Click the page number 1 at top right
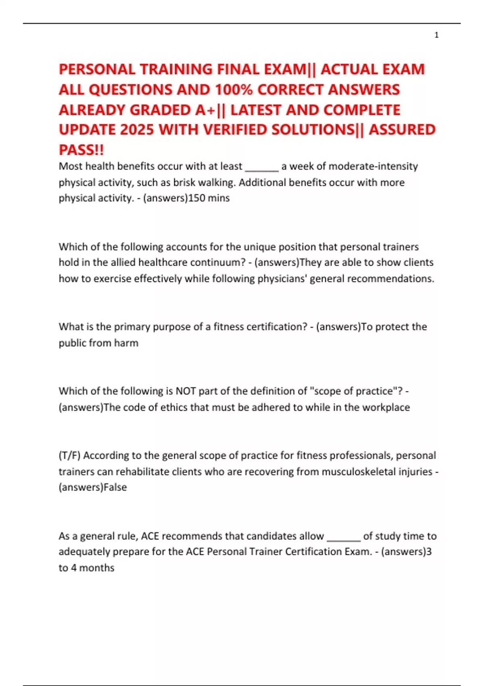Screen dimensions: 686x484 coord(436,36)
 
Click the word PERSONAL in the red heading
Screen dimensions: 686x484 coord(97,69)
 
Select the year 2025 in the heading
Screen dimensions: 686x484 coord(137,130)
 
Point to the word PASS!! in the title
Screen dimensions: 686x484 coord(81,150)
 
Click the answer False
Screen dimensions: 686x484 coord(115,487)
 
